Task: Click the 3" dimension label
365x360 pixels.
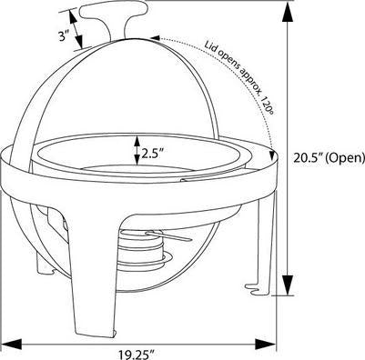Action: tap(59, 37)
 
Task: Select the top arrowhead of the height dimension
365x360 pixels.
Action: tap(289, 8)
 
